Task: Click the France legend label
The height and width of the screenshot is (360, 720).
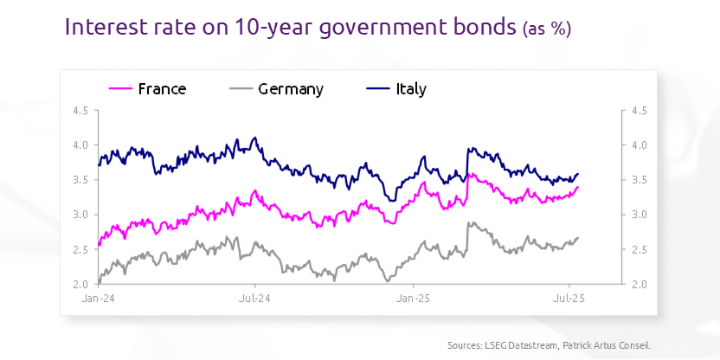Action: (162, 88)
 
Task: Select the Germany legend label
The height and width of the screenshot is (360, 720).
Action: (291, 88)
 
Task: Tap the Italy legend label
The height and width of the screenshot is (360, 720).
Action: (411, 88)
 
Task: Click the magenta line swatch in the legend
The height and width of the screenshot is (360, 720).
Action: (120, 88)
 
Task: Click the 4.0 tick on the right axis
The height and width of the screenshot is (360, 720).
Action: (640, 145)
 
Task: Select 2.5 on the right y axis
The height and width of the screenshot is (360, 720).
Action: (640, 249)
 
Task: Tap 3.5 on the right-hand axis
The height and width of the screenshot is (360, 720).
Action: (640, 180)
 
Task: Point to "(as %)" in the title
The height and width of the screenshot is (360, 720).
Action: (546, 29)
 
